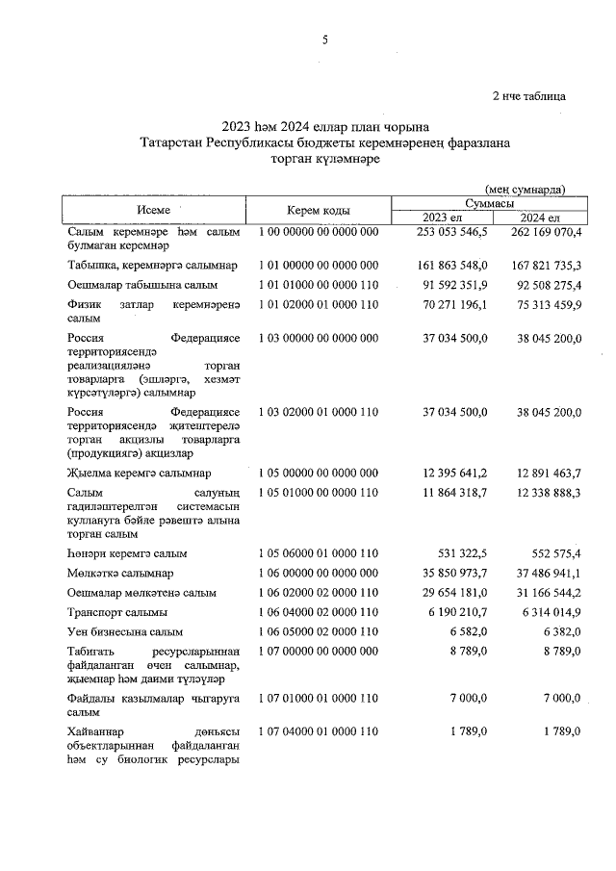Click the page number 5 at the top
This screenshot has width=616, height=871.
click(325, 40)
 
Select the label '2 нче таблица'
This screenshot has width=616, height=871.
click(528, 96)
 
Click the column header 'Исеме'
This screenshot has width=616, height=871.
click(154, 210)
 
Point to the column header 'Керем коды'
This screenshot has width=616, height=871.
click(318, 210)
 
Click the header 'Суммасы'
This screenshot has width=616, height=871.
click(489, 203)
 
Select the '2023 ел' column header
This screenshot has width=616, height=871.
click(442, 218)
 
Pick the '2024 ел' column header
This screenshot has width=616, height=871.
click(539, 218)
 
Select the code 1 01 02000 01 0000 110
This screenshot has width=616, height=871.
click(319, 304)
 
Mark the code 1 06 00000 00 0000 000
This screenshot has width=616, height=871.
click(319, 573)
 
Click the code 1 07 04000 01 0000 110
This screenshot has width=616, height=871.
click(319, 731)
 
